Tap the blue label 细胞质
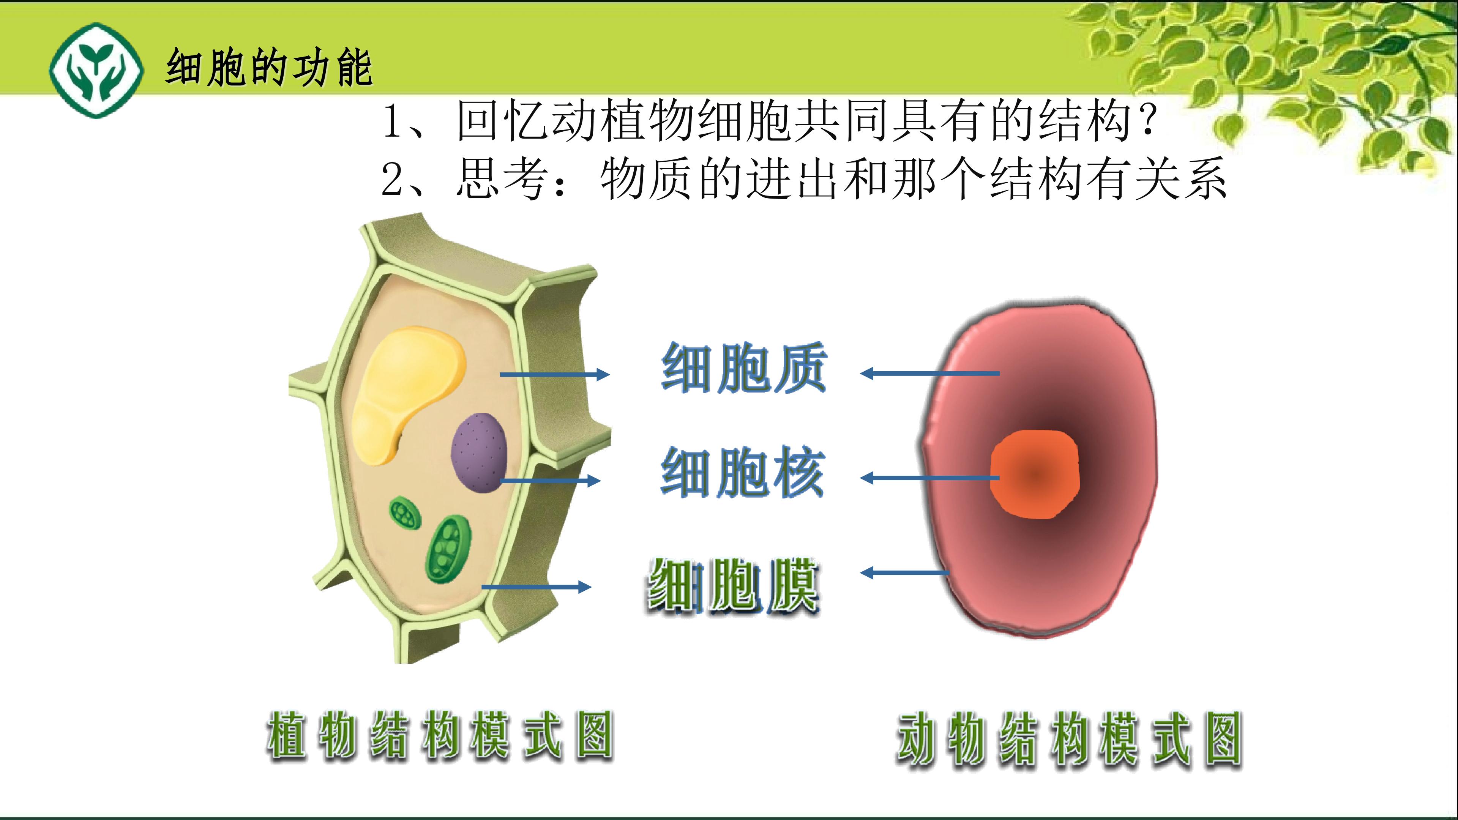744,368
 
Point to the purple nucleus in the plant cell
479,452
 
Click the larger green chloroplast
449,549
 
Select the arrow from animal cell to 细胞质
929,374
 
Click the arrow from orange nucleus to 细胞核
929,478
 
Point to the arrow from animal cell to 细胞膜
904,573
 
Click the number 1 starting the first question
392,121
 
